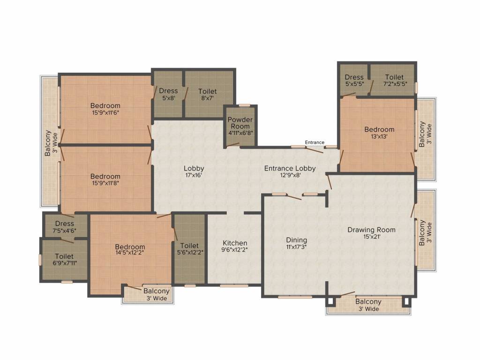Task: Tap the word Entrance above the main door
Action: pos(315,142)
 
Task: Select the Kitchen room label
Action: pos(235,243)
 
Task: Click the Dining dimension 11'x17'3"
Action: pos(296,247)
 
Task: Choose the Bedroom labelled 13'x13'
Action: pos(379,129)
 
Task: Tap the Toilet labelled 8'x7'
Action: pos(207,91)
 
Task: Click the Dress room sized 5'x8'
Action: pos(168,91)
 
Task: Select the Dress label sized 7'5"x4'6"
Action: pos(65,224)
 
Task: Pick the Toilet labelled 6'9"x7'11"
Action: pos(64,256)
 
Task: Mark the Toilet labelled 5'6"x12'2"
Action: pos(189,246)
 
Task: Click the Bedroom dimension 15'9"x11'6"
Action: pos(105,112)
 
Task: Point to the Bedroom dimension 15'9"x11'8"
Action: pos(105,183)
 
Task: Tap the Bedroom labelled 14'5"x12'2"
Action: pos(130,247)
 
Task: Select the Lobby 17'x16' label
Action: pos(194,168)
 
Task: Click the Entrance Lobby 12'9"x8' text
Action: pos(290,168)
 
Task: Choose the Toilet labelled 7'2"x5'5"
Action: pos(394,77)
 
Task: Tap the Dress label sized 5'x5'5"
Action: pos(354,77)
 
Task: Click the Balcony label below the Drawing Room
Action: pos(368,302)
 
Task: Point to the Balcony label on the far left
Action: pos(47,143)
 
